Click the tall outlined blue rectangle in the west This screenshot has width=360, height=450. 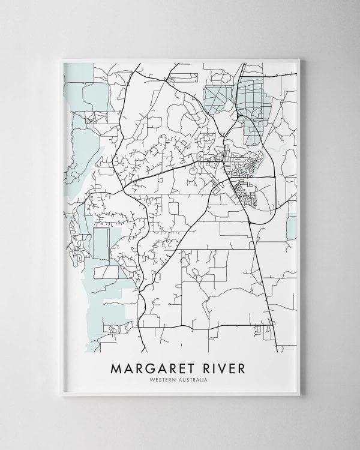pos(101,246)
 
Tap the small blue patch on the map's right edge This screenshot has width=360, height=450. pos(292,227)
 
